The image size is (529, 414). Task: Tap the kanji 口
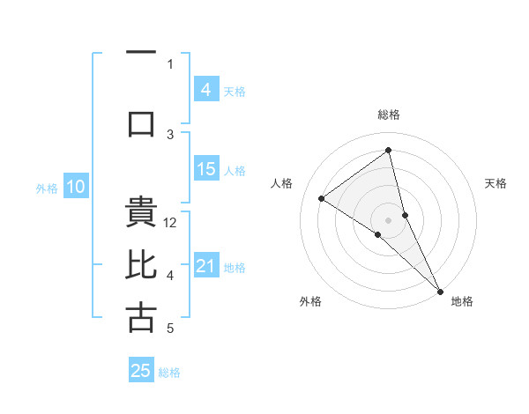pyautogui.click(x=141, y=123)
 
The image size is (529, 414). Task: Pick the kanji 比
pyautogui.click(x=141, y=265)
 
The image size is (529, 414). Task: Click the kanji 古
pyautogui.click(x=141, y=318)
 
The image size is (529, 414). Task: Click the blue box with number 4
pyautogui.click(x=205, y=90)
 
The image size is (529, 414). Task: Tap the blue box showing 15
pyautogui.click(x=205, y=169)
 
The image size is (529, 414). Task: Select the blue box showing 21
pyautogui.click(x=205, y=266)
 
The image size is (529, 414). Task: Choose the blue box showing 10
pyautogui.click(x=76, y=187)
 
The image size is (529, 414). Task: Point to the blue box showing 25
pyautogui.click(x=141, y=371)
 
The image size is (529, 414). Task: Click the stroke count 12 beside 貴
pyautogui.click(x=171, y=223)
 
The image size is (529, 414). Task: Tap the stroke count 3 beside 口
pyautogui.click(x=171, y=134)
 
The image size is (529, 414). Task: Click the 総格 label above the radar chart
pyautogui.click(x=388, y=115)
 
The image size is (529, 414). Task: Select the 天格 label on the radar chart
pyautogui.click(x=495, y=183)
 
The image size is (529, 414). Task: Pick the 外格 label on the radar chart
pyautogui.click(x=309, y=301)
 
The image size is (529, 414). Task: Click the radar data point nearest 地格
pyautogui.click(x=439, y=290)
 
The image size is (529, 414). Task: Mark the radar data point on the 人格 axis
pyautogui.click(x=322, y=198)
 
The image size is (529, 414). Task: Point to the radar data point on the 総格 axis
pyautogui.click(x=388, y=150)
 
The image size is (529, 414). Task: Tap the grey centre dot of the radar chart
pyautogui.click(x=388, y=219)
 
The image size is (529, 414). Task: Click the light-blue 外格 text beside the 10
pyautogui.click(x=46, y=188)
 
